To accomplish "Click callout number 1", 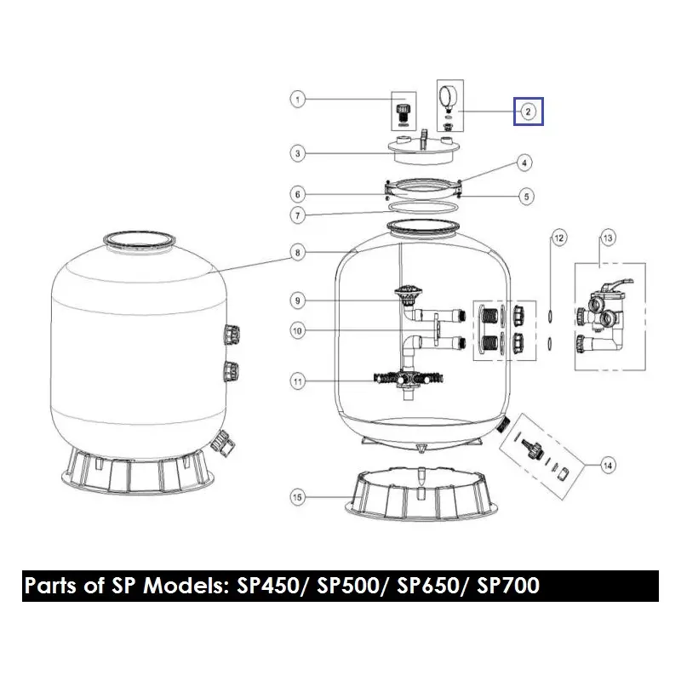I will [298, 100].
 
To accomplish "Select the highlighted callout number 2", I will [528, 111].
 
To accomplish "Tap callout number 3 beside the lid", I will [298, 154].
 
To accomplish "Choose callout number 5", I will [527, 197].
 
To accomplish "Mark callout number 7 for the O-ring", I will [298, 216].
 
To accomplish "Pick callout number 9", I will [298, 300].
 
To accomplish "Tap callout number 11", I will [298, 382].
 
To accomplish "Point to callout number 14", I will [607, 465].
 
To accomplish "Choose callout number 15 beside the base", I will [298, 496].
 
